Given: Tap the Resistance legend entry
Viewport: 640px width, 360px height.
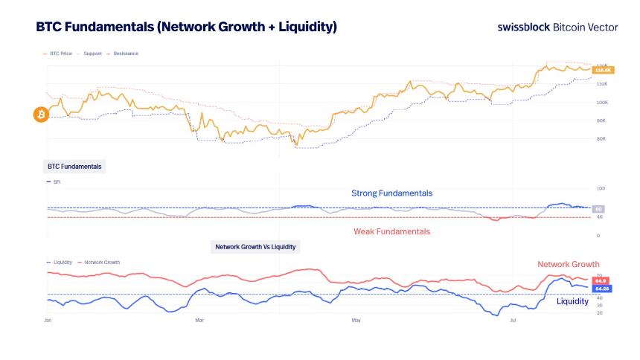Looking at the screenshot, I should [124, 54].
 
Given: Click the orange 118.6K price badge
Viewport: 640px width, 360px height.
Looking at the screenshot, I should [602, 70].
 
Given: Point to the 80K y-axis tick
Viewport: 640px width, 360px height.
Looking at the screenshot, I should [602, 138].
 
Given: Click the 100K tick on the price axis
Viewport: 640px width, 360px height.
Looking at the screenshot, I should [603, 102].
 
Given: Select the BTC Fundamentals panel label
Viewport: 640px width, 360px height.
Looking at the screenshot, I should [74, 166].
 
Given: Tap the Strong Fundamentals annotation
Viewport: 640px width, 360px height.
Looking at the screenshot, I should [391, 193].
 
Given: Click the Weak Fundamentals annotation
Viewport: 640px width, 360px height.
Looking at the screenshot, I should [391, 231].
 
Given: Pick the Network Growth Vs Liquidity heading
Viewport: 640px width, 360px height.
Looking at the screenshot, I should [257, 245].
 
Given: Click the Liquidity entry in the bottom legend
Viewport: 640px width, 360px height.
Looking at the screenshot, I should [60, 263].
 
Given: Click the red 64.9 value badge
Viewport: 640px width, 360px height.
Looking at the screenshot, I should [601, 280].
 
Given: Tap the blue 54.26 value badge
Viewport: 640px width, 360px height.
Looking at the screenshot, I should [602, 288].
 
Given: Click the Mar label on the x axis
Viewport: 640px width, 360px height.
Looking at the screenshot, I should [199, 320].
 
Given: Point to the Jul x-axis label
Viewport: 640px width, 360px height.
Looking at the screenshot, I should [513, 320].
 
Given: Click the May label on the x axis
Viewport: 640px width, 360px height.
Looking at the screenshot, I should [356, 320].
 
